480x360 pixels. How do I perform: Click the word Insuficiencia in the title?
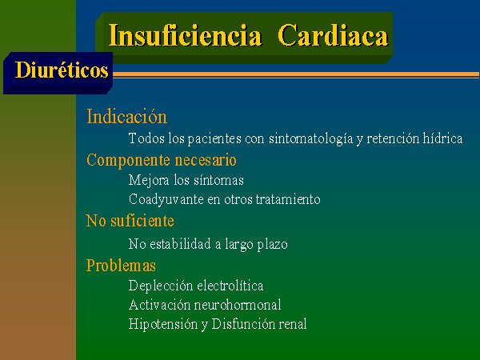(x=186, y=35)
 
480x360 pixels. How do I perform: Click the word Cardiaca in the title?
(x=333, y=35)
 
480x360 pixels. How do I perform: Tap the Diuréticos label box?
(x=58, y=73)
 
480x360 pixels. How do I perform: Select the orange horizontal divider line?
(x=296, y=74)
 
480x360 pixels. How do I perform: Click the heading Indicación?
(x=126, y=117)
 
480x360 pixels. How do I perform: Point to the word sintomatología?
(x=310, y=138)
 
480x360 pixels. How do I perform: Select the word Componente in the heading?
(x=128, y=161)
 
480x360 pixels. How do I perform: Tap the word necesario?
(x=206, y=160)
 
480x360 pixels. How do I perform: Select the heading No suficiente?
(x=130, y=221)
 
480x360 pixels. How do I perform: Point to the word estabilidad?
(x=181, y=244)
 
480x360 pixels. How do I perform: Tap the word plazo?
(x=273, y=245)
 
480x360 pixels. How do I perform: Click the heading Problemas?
(x=121, y=265)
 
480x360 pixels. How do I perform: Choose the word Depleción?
(x=161, y=286)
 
